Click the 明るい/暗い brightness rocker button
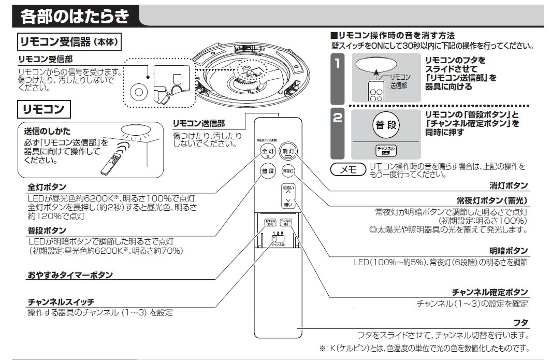pos(287,196)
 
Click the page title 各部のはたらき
pos(75,17)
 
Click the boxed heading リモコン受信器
pos(69,41)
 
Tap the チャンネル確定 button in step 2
pos(385,151)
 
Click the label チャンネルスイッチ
pos(61,302)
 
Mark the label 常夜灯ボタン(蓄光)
pos(489,200)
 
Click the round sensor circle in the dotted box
pos(138,92)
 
